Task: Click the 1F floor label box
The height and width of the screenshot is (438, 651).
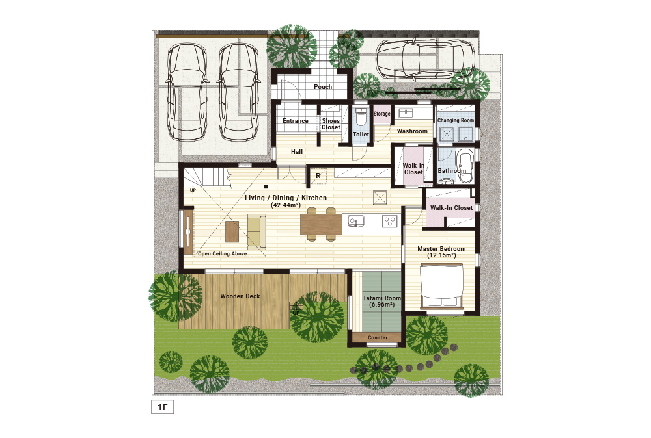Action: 162,407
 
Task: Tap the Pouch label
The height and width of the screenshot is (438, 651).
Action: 323,87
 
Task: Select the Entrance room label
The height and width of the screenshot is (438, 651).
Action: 295,121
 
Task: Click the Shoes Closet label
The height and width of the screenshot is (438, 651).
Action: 331,124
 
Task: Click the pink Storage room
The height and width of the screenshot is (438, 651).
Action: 382,114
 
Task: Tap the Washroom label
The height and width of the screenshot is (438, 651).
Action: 412,131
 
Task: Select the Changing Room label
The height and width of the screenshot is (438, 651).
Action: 456,120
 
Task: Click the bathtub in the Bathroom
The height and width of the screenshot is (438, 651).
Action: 464,166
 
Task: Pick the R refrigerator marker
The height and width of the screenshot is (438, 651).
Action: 318,175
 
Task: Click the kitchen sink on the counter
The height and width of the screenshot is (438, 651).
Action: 356,222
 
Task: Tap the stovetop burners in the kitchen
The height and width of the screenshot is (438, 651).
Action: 389,222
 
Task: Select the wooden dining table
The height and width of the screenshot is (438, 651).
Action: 321,224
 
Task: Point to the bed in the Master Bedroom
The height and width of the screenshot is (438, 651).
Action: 442,287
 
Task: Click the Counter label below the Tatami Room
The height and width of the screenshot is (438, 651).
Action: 378,338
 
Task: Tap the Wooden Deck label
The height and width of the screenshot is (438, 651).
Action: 240,296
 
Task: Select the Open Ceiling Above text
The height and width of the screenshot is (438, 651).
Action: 222,253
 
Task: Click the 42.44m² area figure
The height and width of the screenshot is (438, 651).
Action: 286,205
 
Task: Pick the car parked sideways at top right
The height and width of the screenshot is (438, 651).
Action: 426,59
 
